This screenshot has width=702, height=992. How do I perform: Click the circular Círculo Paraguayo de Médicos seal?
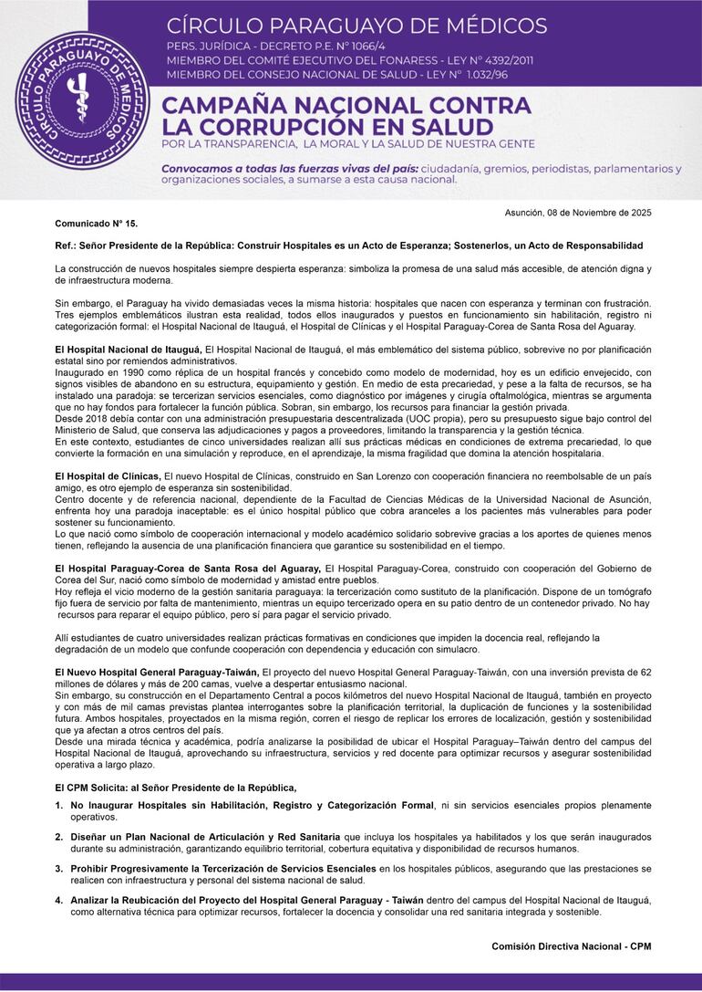point(83,101)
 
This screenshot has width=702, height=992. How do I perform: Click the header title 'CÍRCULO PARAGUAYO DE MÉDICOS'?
point(356,25)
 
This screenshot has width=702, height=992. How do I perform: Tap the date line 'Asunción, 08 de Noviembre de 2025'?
point(578,213)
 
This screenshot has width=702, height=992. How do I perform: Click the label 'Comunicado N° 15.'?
point(97,223)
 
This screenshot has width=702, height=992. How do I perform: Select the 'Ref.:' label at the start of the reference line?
point(66,245)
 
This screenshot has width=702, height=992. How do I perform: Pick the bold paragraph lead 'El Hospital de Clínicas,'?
point(108,476)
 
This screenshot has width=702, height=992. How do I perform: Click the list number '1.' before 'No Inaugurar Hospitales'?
point(59,805)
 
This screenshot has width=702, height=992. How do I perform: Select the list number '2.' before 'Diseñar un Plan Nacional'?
point(59,837)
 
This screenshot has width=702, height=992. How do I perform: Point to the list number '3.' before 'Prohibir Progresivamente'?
point(59,868)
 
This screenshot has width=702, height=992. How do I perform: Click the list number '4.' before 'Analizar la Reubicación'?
point(59,900)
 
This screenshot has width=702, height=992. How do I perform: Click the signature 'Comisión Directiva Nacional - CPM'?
point(571,946)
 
